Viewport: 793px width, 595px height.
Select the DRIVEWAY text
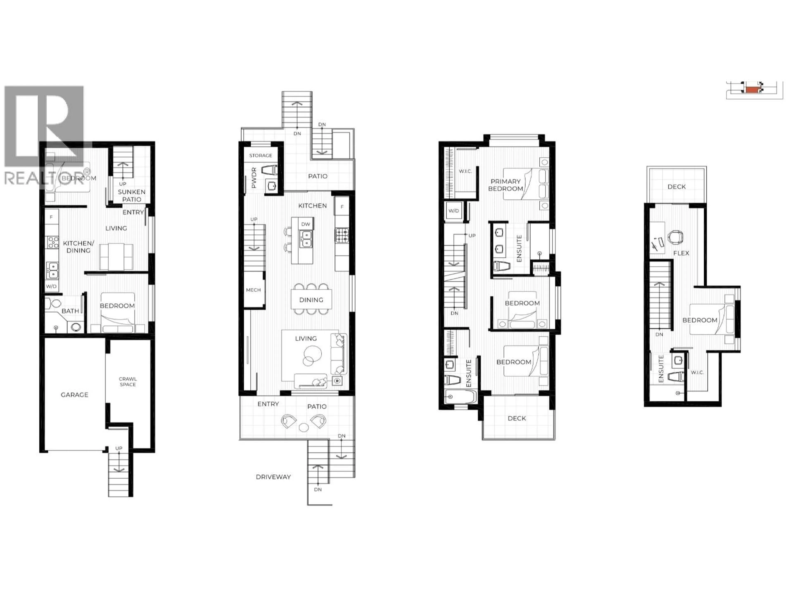point(273,477)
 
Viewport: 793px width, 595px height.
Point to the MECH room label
point(253,290)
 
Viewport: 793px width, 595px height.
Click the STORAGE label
point(261,155)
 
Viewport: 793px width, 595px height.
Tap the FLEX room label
point(681,253)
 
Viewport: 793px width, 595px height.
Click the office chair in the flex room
point(675,237)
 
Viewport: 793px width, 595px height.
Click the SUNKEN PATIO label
point(132,195)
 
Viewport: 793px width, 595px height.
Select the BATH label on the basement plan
point(70,311)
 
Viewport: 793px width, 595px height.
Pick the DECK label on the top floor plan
point(677,187)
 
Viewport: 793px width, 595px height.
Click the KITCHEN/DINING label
point(78,247)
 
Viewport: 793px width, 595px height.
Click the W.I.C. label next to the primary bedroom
point(465,171)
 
